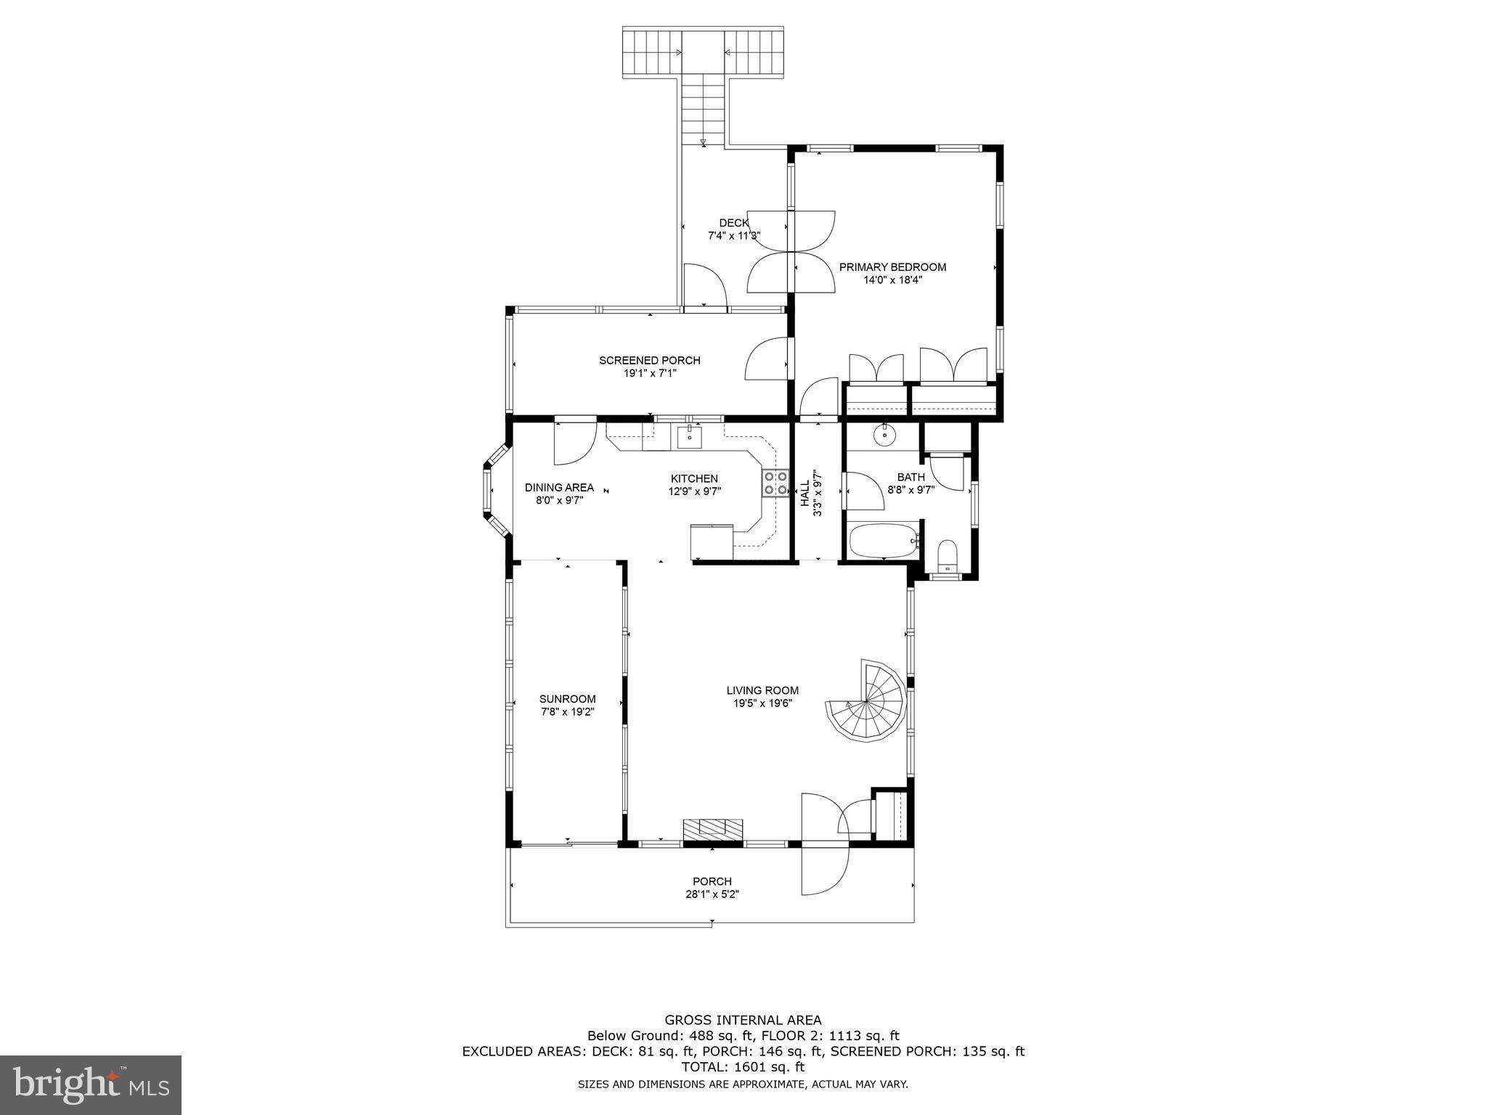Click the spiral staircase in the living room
pyautogui.click(x=869, y=701)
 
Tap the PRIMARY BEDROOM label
pyautogui.click(x=892, y=267)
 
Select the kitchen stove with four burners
pyautogui.click(x=775, y=483)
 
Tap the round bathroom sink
pyautogui.click(x=884, y=436)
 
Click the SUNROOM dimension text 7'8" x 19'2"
pyautogui.click(x=567, y=712)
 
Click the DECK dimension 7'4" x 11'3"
pyautogui.click(x=733, y=235)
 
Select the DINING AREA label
pyautogui.click(x=559, y=487)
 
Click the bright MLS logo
pyautogui.click(x=91, y=1085)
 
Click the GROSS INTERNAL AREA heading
pyautogui.click(x=743, y=1020)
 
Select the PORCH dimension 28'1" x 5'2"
pyautogui.click(x=712, y=894)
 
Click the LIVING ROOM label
pyautogui.click(x=762, y=690)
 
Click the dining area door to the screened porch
pyautogui.click(x=574, y=443)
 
